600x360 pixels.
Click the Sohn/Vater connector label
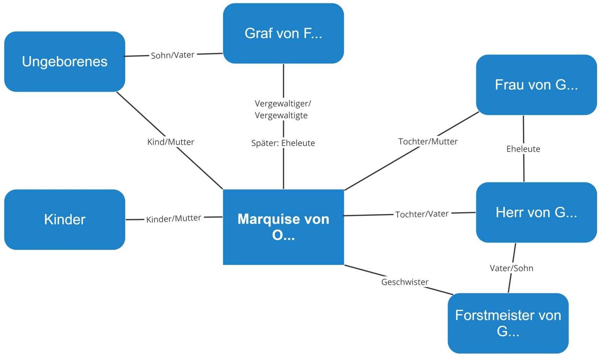(x=173, y=55)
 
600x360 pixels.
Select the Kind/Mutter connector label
(x=171, y=142)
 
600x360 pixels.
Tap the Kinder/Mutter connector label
(x=174, y=219)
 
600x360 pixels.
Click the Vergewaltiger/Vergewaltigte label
(x=282, y=109)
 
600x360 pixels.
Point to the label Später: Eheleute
(x=283, y=143)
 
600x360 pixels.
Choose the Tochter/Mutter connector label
(x=428, y=142)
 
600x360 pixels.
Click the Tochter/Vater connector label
(x=422, y=214)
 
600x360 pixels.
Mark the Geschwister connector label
(x=405, y=282)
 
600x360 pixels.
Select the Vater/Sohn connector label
(x=511, y=268)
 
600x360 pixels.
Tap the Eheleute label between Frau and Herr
(x=523, y=149)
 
